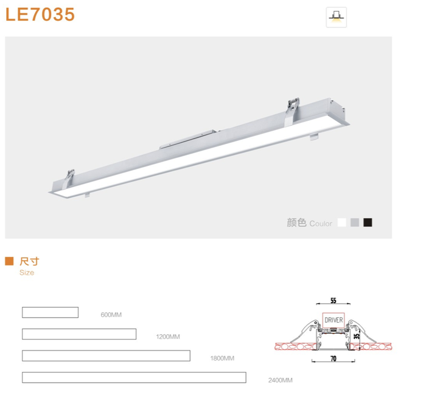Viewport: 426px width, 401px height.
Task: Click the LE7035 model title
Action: point(40,15)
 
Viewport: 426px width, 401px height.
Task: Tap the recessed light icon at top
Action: point(337,17)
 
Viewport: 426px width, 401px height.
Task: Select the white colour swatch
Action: point(342,222)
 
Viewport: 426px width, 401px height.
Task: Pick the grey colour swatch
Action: point(355,222)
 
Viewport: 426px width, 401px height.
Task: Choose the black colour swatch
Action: point(368,222)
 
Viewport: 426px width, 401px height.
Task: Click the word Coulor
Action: point(321,224)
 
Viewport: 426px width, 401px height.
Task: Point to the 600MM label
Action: point(111,315)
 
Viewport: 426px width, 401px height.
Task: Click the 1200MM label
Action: point(168,337)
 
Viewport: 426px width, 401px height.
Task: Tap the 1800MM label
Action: point(222,358)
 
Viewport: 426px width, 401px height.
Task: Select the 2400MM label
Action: point(281,380)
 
